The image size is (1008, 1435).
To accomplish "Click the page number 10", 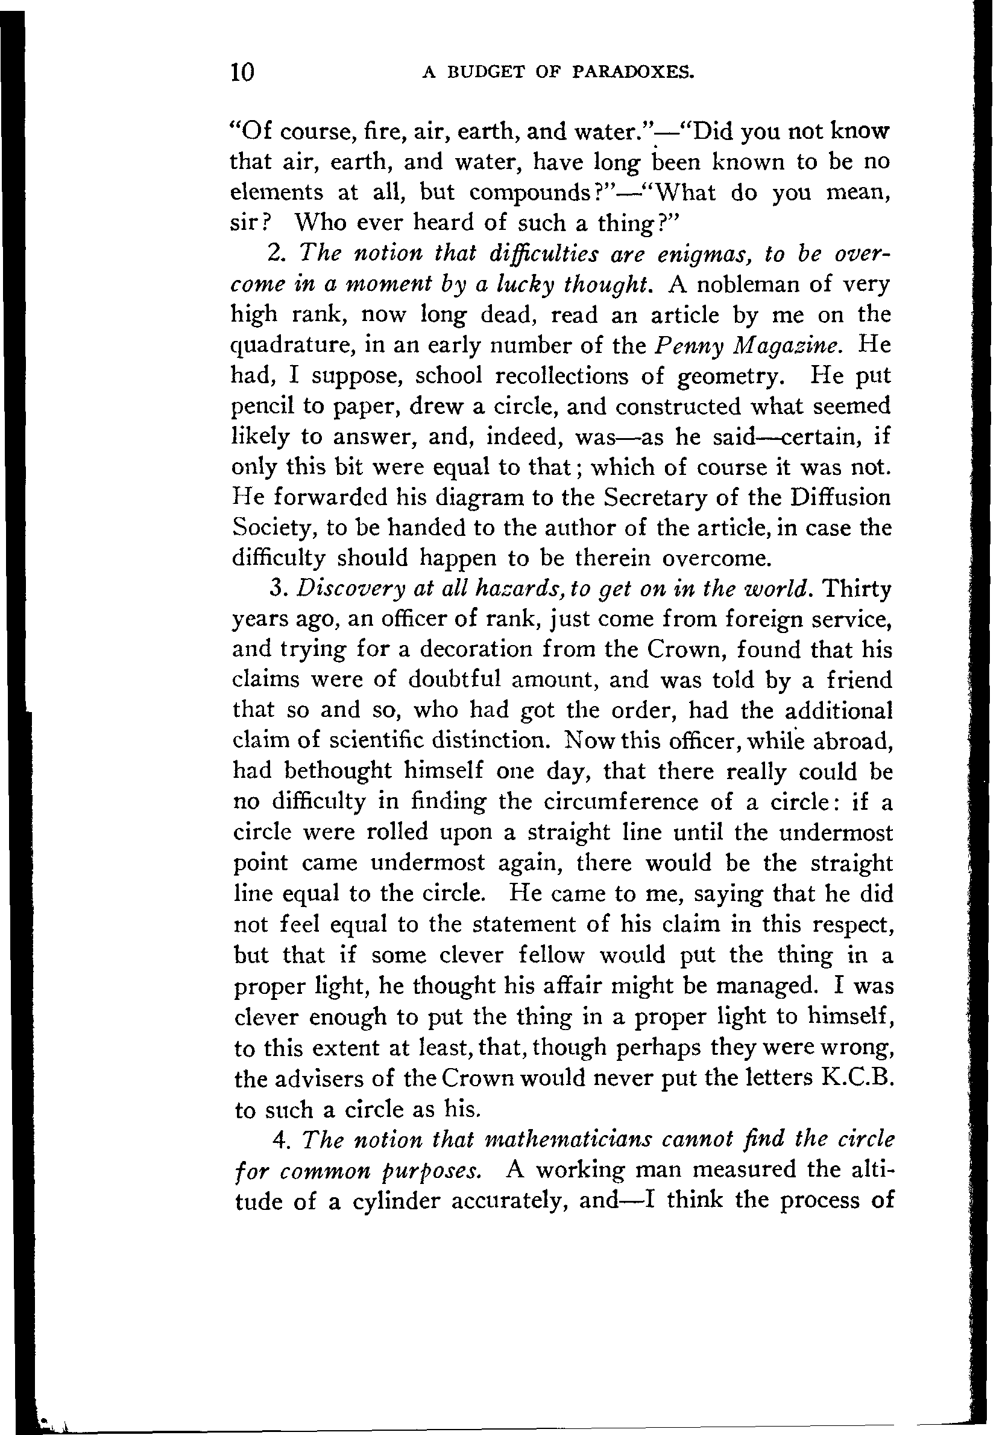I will pos(242,72).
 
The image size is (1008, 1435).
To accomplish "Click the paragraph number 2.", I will pos(276,253).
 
